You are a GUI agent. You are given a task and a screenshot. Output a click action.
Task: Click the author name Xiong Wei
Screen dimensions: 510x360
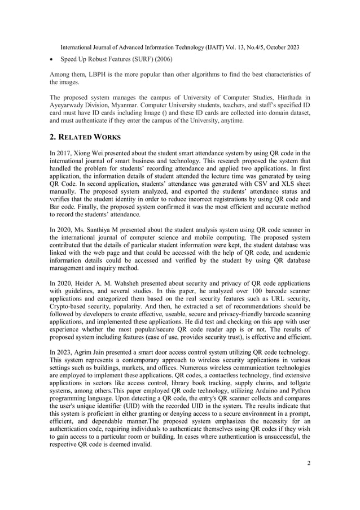98,152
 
